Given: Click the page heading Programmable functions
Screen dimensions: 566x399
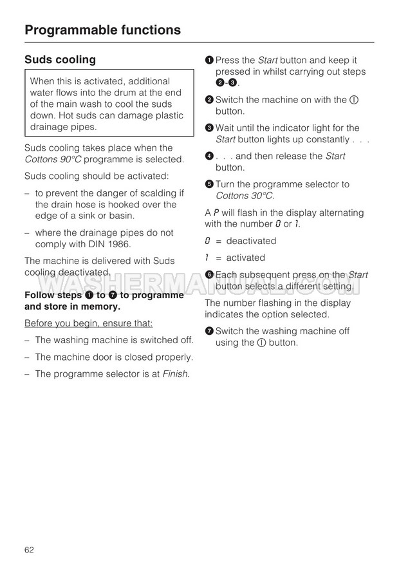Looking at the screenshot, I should pyautogui.click(x=102, y=30).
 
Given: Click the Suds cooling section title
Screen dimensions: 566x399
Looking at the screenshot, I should pyautogui.click(x=60, y=59).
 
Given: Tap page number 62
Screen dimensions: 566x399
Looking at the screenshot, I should pyautogui.click(x=29, y=549).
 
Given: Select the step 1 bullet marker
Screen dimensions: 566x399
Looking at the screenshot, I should pyautogui.click(x=209, y=60).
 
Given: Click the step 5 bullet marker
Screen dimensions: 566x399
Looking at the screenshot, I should pyautogui.click(x=209, y=184).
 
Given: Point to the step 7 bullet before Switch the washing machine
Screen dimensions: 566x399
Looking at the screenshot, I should pyautogui.click(x=209, y=331).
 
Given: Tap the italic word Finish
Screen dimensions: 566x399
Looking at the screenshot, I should pyautogui.click(x=175, y=373).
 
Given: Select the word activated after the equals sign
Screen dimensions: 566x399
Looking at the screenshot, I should pyautogui.click(x=245, y=258).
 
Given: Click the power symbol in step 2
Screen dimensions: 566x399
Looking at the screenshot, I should pyautogui.click(x=353, y=100).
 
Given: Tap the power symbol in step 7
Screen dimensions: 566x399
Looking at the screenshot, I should pyautogui.click(x=262, y=343).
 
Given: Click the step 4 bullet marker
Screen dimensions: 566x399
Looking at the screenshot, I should pyautogui.click(x=209, y=156).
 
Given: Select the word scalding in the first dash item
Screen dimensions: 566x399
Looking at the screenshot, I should pyautogui.click(x=154, y=193).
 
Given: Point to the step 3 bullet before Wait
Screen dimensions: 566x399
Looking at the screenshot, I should pyautogui.click(x=209, y=128).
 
